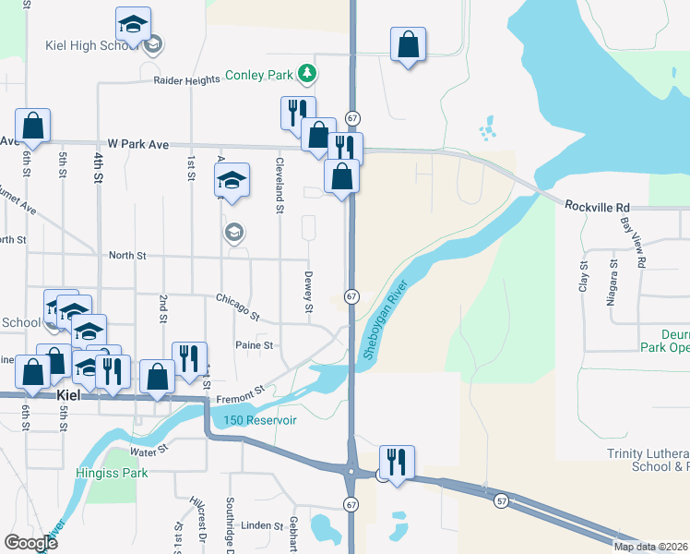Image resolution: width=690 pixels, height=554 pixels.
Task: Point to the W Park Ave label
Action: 138,145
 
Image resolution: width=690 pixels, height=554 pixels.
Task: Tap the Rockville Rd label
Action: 597,205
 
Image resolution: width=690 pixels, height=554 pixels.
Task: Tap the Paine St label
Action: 255,344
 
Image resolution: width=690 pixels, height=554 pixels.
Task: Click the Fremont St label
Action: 241,395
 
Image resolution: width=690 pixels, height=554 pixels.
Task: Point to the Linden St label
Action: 264,525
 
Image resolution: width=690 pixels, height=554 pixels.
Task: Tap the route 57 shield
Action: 501,500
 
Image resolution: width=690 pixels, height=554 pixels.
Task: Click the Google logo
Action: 30,543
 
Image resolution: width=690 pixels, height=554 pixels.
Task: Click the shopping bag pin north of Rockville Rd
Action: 408,43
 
